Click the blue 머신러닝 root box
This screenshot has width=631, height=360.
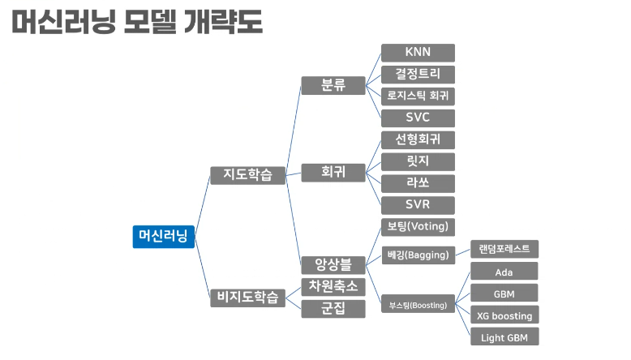coord(163,236)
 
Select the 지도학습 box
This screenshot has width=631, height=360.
coord(247,174)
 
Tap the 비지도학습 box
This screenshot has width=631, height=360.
coord(247,297)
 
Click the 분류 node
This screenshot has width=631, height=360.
coord(333,85)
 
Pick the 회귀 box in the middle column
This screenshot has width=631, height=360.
coord(333,172)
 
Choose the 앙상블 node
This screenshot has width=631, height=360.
coord(333,264)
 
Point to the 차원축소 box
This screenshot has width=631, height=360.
coord(333,286)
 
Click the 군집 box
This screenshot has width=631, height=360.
coord(333,308)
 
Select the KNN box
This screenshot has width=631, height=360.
coord(418,53)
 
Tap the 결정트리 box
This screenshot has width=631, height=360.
coord(418,75)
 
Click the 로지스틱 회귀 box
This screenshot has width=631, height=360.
coord(418,96)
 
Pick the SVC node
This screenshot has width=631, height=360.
coord(418,118)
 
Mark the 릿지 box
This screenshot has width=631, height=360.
coord(418,161)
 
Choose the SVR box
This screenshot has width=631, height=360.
coord(418,204)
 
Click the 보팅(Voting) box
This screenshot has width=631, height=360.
coord(418,226)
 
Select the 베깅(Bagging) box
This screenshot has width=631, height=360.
coord(418,255)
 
